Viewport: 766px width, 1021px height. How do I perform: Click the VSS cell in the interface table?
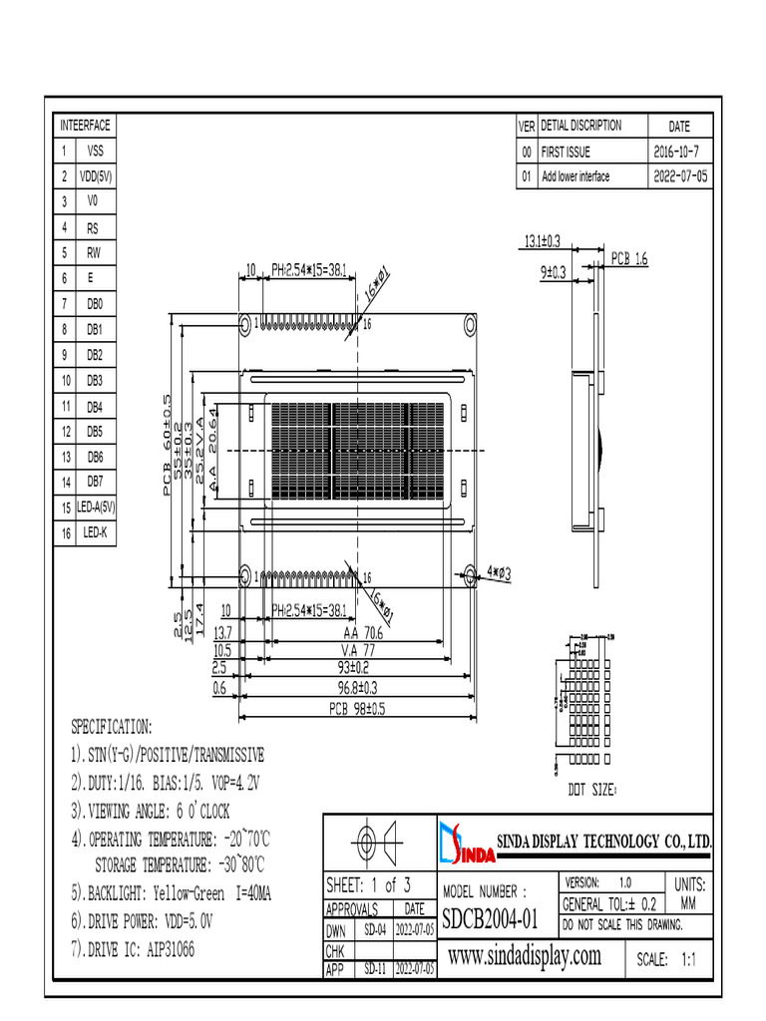(x=95, y=151)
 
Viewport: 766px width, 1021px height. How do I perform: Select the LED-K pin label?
(x=95, y=533)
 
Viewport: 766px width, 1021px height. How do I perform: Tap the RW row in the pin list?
(x=95, y=253)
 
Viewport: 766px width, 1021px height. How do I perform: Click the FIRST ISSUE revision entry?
(x=566, y=153)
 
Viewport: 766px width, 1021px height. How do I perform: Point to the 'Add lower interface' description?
(x=575, y=176)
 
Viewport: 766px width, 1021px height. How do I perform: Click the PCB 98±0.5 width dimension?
(x=357, y=709)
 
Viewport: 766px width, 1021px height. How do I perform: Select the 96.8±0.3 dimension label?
(x=358, y=688)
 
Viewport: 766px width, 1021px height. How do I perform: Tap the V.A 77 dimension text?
(x=358, y=649)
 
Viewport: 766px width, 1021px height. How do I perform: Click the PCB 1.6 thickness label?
(x=630, y=259)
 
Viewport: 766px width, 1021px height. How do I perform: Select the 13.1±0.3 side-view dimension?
(x=543, y=240)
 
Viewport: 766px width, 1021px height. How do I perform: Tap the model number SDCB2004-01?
(x=490, y=916)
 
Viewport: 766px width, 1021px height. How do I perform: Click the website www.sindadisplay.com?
(x=525, y=957)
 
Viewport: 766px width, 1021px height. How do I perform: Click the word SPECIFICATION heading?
(x=111, y=725)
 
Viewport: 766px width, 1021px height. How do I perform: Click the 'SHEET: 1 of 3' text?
(x=368, y=884)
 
